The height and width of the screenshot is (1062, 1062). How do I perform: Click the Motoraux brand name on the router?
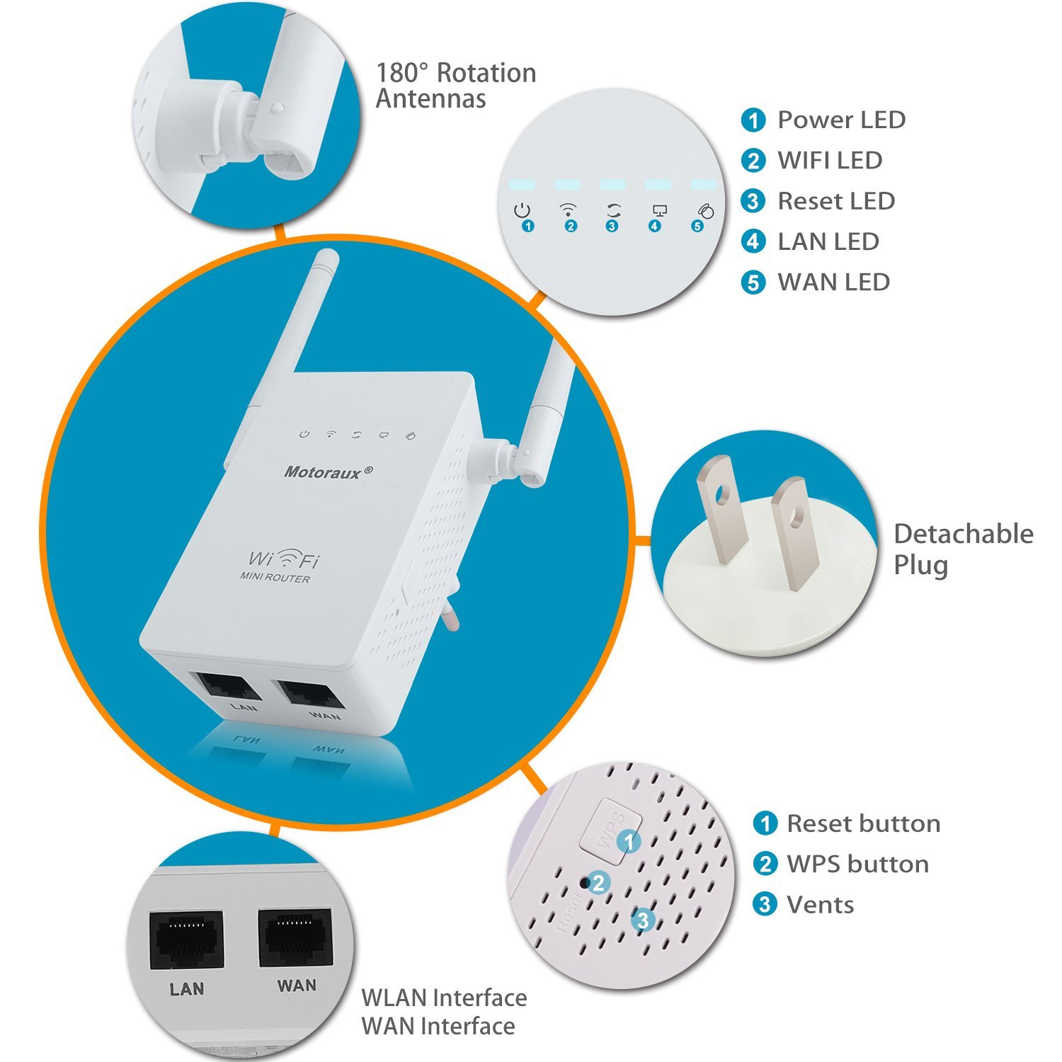[328, 472]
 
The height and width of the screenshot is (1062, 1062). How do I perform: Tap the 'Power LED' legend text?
[841, 120]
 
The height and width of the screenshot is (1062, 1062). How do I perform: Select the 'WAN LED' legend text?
[833, 282]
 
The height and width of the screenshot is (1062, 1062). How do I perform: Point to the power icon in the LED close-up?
[522, 210]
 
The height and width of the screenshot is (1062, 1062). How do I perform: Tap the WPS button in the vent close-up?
[610, 830]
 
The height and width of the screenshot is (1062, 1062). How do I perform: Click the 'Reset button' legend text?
[863, 823]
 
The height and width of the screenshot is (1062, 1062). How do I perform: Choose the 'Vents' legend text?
[820, 904]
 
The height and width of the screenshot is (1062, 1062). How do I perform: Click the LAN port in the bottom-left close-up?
[186, 940]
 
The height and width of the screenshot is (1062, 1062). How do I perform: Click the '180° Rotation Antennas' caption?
[455, 85]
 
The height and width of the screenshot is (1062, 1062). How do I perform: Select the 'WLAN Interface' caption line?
[444, 998]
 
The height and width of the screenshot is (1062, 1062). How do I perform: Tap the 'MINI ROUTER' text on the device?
[275, 578]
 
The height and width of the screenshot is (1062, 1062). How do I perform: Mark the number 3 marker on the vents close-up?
[643, 920]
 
